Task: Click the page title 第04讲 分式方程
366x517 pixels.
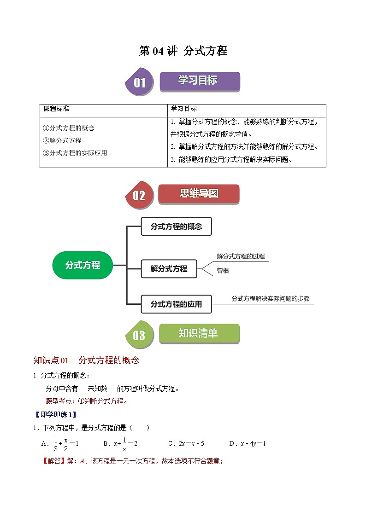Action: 183,51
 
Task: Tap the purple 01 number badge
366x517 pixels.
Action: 140,83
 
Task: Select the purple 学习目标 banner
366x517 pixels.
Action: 199,81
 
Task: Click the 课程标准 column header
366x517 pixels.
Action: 56,109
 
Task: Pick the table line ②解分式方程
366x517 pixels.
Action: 62,140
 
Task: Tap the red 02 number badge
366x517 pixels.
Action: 139,196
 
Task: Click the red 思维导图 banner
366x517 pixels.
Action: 199,194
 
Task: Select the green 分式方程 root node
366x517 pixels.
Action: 83,265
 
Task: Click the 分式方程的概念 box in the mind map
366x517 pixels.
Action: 176,227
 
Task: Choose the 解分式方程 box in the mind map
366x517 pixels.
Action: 169,269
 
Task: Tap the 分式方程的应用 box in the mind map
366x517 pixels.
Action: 176,304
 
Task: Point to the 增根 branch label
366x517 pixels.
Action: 223,271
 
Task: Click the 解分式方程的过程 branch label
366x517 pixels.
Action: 241,256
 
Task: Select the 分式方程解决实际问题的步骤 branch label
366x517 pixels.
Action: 271,299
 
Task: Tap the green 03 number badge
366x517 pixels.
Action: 139,335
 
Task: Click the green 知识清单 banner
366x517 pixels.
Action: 199,333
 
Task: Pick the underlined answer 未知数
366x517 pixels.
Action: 97,389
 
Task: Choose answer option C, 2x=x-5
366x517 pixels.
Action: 186,444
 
